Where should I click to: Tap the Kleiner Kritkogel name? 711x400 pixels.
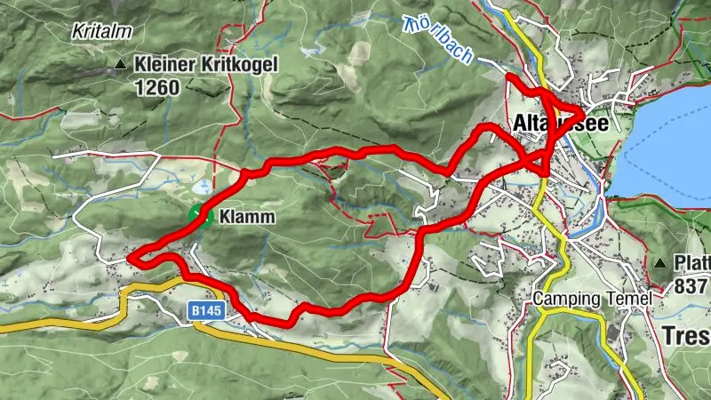click(206, 64)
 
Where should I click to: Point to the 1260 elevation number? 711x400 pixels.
click(158, 87)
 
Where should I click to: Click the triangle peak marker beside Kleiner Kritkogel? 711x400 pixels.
click(120, 64)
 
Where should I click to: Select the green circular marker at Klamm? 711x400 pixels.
click(201, 216)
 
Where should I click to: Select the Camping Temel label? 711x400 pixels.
click(593, 299)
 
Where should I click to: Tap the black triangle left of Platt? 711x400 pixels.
click(660, 264)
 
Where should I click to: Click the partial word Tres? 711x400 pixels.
click(686, 336)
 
